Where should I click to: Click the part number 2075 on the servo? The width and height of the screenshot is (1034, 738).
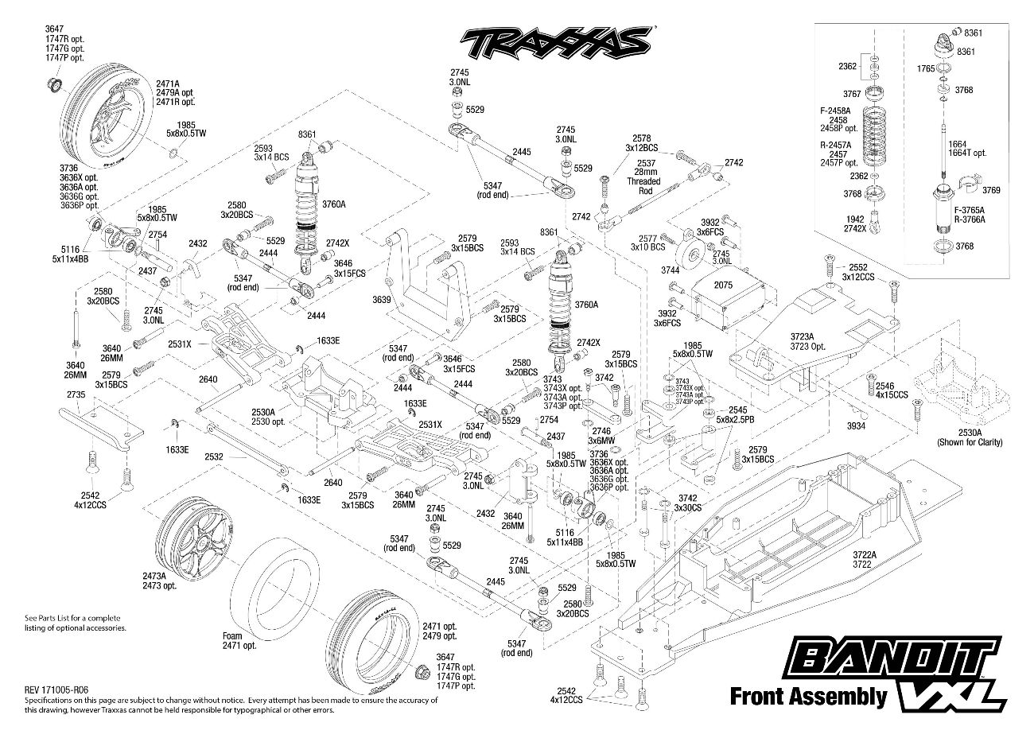[722, 285]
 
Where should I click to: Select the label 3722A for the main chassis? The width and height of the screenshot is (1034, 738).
[864, 554]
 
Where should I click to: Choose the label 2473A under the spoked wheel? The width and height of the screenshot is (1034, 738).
[177, 577]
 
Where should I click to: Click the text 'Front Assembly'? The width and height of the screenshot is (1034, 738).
[808, 697]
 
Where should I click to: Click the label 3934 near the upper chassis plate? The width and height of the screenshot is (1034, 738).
[857, 426]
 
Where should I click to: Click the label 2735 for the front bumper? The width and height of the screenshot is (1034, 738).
[76, 394]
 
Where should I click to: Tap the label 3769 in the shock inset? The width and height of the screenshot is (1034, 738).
[991, 190]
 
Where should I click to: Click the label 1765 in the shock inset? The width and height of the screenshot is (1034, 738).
[925, 69]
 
